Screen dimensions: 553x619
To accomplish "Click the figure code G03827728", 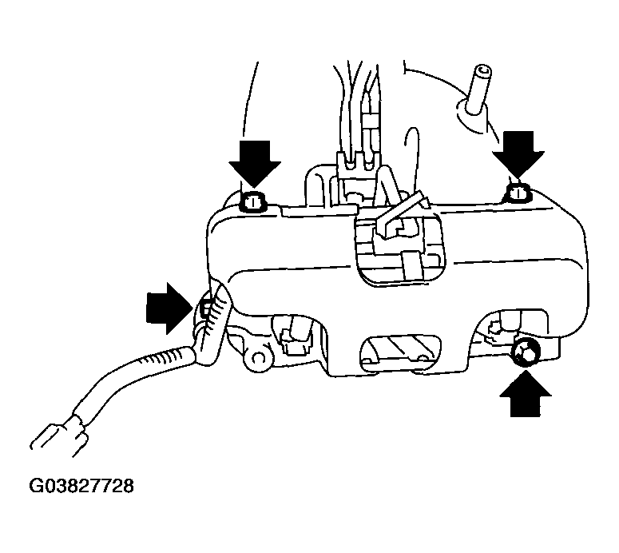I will (x=81, y=485).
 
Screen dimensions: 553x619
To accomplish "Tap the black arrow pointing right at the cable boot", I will (x=168, y=306).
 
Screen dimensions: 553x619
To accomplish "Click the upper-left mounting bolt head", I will (x=253, y=202).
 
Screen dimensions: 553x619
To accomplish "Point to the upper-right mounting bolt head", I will (x=518, y=193).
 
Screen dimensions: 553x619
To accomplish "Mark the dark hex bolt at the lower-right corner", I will (x=526, y=352).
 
